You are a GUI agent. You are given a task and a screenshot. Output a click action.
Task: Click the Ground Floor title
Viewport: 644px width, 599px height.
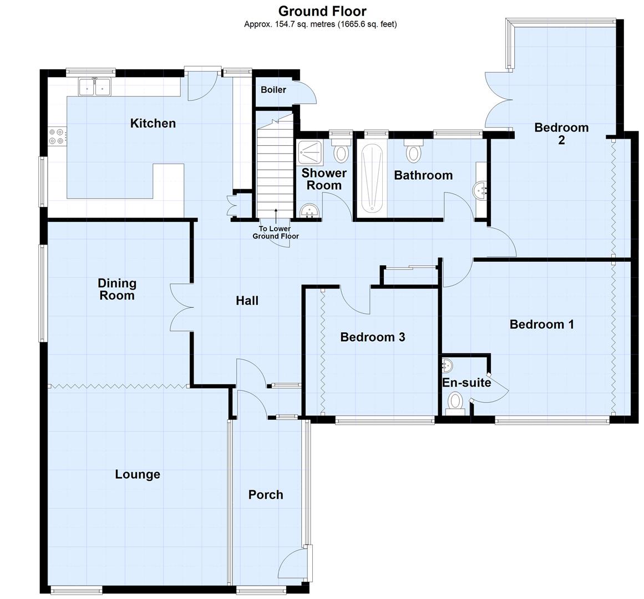pyautogui.click(x=322, y=11)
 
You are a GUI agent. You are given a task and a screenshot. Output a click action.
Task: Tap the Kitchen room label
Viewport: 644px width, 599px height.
pyautogui.click(x=153, y=123)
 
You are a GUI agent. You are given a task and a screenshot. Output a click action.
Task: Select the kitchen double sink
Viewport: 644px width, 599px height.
pyautogui.click(x=95, y=87)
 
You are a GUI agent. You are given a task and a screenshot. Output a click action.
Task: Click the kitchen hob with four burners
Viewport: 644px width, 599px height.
pyautogui.click(x=57, y=136)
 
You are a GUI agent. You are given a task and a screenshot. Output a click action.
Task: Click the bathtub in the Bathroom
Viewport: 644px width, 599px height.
pyautogui.click(x=372, y=179)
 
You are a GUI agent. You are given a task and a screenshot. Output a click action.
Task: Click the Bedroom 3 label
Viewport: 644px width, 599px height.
pyautogui.click(x=372, y=337)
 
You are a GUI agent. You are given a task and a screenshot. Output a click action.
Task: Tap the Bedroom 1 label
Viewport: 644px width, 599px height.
pyautogui.click(x=541, y=324)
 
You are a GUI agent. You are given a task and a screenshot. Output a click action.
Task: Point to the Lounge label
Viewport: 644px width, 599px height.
pyautogui.click(x=138, y=474)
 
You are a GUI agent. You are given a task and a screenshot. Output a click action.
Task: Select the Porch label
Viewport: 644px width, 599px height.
pyautogui.click(x=266, y=495)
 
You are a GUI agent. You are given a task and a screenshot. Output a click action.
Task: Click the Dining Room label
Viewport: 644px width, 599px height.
pyautogui.click(x=116, y=289)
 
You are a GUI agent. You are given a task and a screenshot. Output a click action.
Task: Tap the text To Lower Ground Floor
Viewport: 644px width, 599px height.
pyautogui.click(x=276, y=232)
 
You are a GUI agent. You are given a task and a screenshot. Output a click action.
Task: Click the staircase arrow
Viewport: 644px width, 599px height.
pyautogui.click(x=276, y=216)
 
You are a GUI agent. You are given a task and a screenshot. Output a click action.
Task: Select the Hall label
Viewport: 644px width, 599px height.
pyautogui.click(x=247, y=301)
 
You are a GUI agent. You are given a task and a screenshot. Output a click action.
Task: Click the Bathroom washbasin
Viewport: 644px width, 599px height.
pyautogui.click(x=480, y=190)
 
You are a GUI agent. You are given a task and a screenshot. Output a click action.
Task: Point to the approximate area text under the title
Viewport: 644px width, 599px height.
pyautogui.click(x=321, y=24)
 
